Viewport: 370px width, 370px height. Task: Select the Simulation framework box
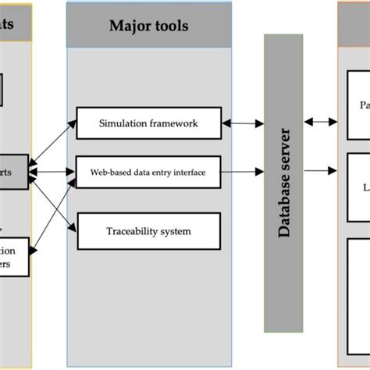148,123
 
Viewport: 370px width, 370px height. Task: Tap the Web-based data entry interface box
148,172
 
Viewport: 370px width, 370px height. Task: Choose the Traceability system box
148,230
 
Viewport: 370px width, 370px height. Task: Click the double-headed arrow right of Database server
320,121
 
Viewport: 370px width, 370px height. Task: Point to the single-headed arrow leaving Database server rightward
320,172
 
